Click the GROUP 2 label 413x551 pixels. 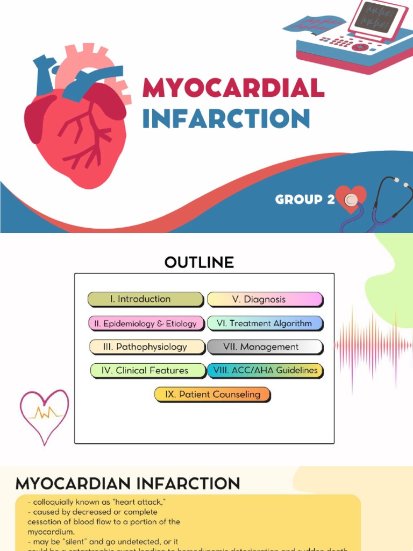click(x=304, y=200)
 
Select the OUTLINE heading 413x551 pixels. click(x=199, y=263)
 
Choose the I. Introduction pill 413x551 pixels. click(x=145, y=300)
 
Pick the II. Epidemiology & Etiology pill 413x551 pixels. click(x=146, y=323)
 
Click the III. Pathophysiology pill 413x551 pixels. click(x=146, y=347)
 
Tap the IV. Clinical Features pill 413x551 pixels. click(x=147, y=371)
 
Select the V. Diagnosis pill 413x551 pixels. click(x=265, y=300)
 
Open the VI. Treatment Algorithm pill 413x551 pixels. click(x=265, y=323)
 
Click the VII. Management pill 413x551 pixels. click(x=265, y=347)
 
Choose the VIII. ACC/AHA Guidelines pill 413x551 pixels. click(x=265, y=371)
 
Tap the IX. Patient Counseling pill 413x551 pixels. click(x=212, y=394)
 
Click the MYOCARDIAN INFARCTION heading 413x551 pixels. click(x=127, y=483)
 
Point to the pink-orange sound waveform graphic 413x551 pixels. click(x=373, y=345)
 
